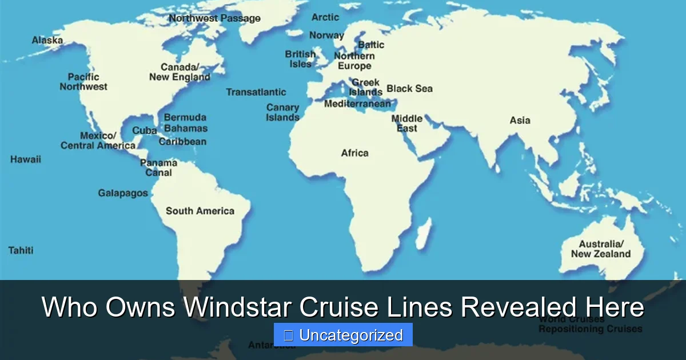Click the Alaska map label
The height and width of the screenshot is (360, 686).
click(47, 41)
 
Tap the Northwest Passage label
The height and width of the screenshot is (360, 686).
click(214, 18)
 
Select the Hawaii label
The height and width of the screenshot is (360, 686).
click(26, 159)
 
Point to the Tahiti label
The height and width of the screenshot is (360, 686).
click(21, 250)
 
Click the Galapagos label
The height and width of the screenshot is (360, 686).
click(123, 193)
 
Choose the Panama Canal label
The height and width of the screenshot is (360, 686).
click(158, 167)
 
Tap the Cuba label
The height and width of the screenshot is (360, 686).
click(145, 131)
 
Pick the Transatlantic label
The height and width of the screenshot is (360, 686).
click(256, 92)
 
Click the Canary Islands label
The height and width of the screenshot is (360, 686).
click(282, 113)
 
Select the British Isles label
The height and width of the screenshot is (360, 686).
click(300, 59)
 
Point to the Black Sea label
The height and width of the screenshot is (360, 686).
click(409, 89)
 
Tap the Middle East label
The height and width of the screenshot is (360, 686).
click(407, 123)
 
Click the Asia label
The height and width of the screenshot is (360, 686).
click(520, 121)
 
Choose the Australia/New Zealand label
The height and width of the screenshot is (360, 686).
click(601, 249)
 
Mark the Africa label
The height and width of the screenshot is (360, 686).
click(354, 153)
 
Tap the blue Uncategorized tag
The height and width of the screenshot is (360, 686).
click(343, 335)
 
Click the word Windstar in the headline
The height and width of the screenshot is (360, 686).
click(238, 308)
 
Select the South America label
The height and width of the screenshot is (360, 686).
click(200, 211)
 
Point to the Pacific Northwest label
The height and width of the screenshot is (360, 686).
click(83, 82)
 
